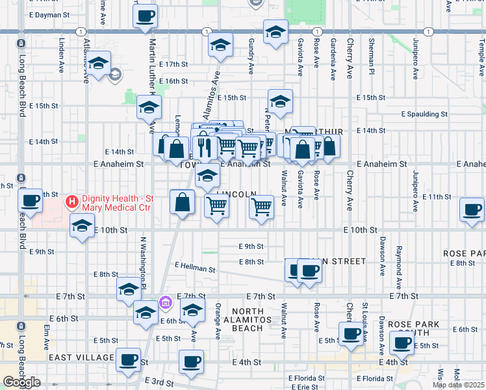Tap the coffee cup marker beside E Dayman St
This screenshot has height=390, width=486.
[x=145, y=16]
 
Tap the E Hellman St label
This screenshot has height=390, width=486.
[x=195, y=267]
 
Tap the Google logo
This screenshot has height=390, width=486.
[x=21, y=382]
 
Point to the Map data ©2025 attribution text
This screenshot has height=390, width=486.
[x=458, y=385]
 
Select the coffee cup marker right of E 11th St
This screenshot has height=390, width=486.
[x=472, y=211]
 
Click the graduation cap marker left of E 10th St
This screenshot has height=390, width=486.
[x=82, y=227]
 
